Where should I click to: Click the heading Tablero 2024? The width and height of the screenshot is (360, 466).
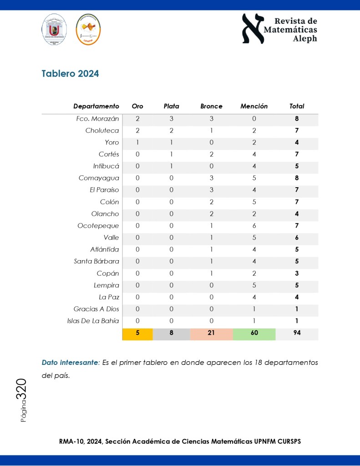pos(70,74)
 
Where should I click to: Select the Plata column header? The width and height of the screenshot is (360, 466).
pos(171,106)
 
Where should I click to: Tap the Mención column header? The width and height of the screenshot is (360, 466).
pos(254,106)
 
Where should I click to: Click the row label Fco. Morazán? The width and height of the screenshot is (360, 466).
pos(97,119)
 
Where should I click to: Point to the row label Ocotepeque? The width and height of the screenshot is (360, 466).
pos(98,225)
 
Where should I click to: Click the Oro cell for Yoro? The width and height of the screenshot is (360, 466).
pos(137,143)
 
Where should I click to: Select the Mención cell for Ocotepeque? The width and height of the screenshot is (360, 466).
pos(254,225)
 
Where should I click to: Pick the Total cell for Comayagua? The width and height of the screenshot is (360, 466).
pos(297,178)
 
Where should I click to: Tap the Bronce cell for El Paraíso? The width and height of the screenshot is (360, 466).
pos(211,190)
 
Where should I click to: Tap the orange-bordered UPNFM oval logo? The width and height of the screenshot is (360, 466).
pos(88,30)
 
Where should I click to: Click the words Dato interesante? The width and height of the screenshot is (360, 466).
pos(69,363)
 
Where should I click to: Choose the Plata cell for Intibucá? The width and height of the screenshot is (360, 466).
pos(171,166)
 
